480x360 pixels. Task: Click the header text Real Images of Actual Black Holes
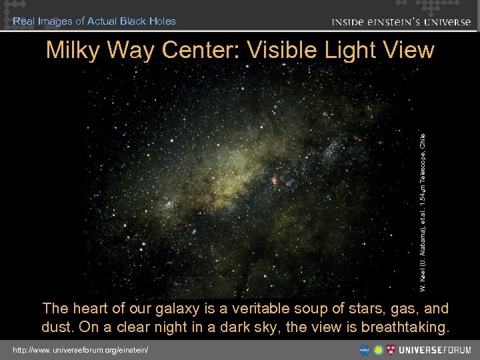click(x=94, y=21)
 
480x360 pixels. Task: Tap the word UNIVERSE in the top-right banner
click(x=444, y=22)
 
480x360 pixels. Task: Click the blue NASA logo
click(x=365, y=350)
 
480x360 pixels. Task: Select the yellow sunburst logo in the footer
click(x=379, y=350)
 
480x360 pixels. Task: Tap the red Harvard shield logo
click(x=392, y=350)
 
